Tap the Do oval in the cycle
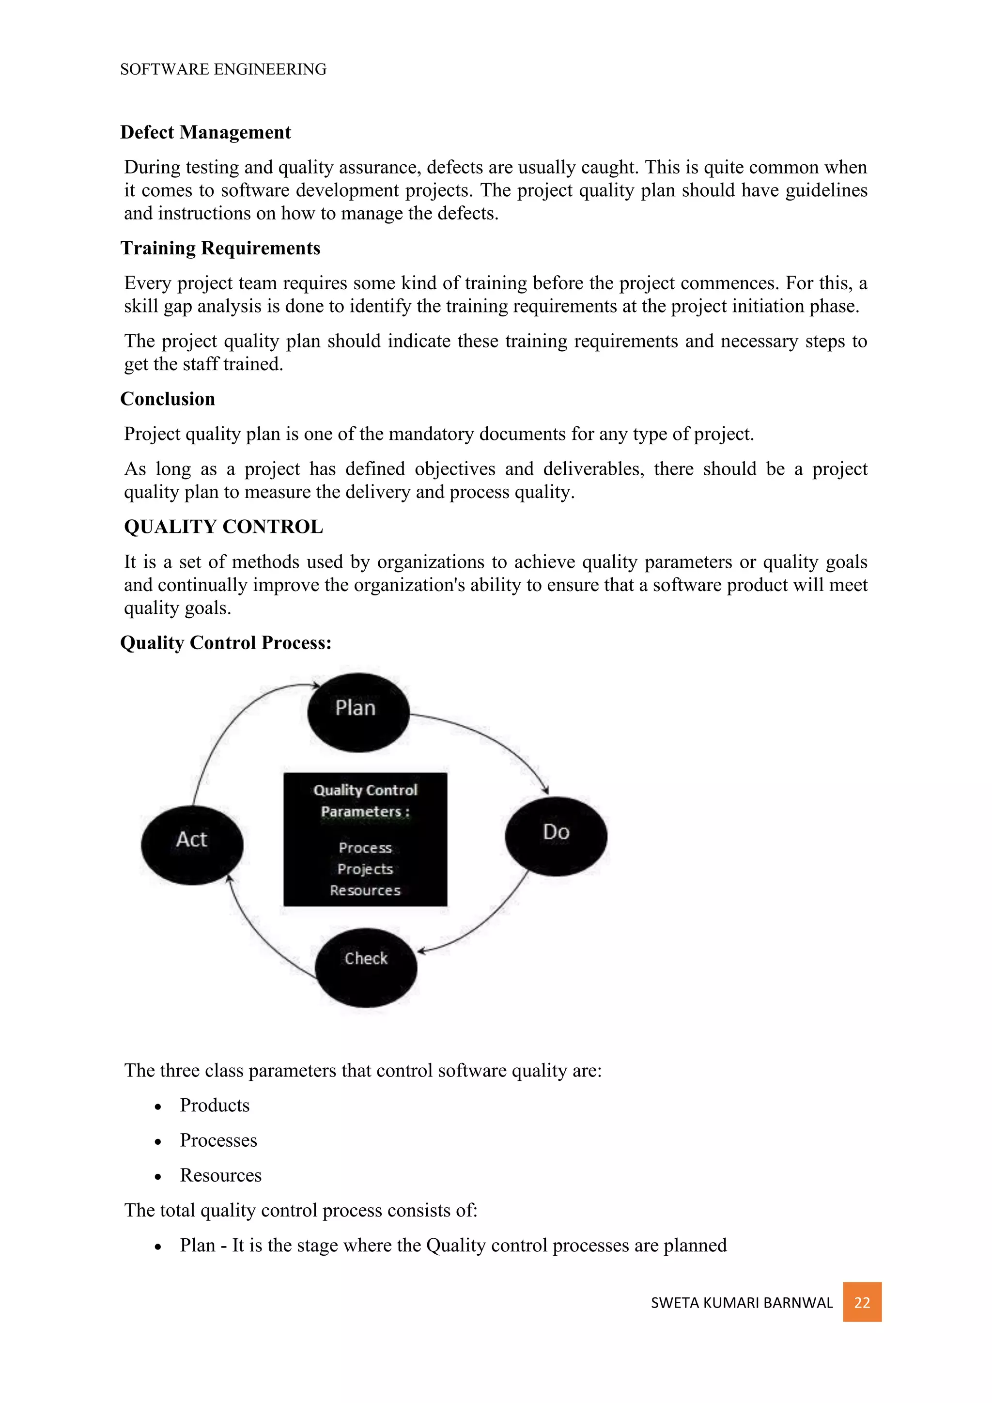tap(556, 836)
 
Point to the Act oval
tap(192, 844)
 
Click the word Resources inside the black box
tap(365, 890)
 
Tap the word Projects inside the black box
tap(365, 869)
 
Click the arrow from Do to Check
tap(489, 923)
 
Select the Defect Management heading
tap(205, 133)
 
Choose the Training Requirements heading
tap(220, 248)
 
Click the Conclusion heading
tap(168, 399)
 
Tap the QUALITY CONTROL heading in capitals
tap(224, 527)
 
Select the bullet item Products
tap(215, 1106)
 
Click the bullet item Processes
tap(218, 1140)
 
